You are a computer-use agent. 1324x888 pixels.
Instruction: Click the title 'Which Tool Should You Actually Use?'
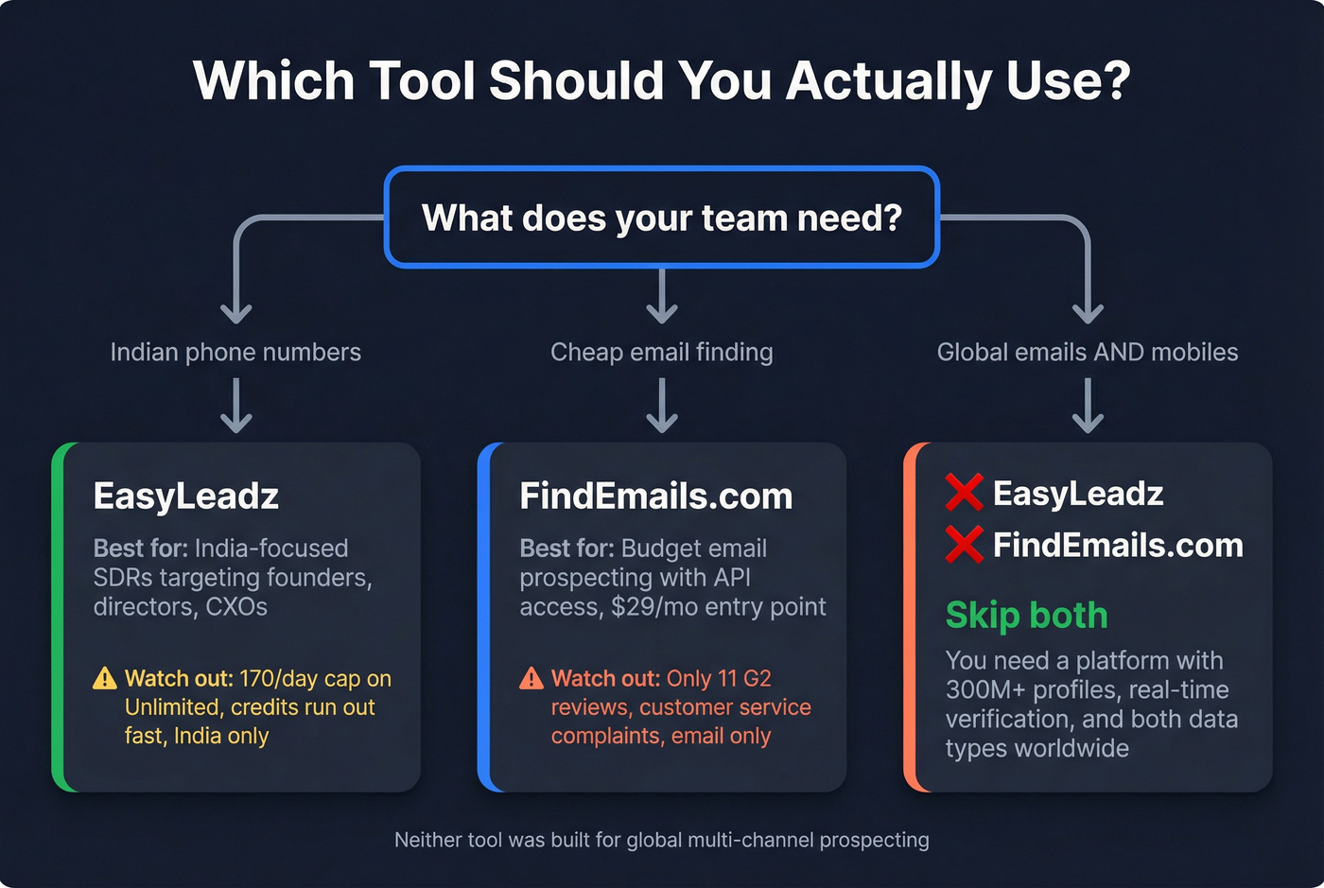click(661, 80)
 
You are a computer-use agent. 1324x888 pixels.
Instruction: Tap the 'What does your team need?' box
click(661, 218)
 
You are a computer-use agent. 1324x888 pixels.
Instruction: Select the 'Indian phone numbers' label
click(235, 353)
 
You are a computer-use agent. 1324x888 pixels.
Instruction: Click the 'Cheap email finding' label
click(661, 353)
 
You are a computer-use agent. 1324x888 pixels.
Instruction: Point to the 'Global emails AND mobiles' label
click(1088, 353)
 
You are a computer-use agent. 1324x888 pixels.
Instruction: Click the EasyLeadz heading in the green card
click(186, 496)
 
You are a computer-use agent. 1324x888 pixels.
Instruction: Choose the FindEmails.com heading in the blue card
click(656, 496)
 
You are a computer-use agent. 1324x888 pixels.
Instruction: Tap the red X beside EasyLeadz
click(964, 493)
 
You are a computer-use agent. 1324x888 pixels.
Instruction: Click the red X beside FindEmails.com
click(964, 545)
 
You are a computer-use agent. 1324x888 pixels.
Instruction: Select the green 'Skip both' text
click(1026, 616)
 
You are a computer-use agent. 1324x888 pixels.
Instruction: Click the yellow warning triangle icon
click(105, 679)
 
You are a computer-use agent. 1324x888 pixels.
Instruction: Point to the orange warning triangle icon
click(531, 679)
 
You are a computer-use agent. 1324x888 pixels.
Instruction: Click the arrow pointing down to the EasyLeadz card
click(235, 406)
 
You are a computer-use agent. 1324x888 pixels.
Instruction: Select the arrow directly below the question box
click(661, 296)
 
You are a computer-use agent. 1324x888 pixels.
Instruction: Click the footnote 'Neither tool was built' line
click(661, 840)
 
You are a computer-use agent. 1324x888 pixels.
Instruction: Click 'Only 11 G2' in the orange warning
click(719, 679)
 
